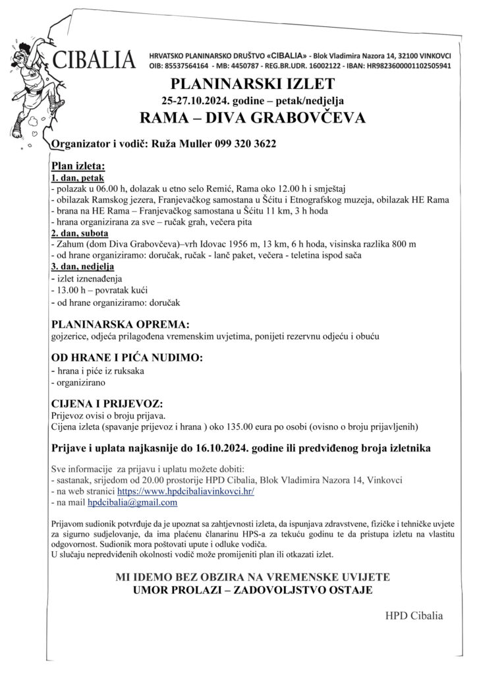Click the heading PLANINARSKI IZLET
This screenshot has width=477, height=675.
click(252, 84)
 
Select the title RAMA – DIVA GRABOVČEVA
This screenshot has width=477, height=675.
click(252, 118)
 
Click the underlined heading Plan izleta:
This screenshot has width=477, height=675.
click(78, 167)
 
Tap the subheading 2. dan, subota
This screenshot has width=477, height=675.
click(80, 233)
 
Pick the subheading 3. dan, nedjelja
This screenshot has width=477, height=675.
click(82, 267)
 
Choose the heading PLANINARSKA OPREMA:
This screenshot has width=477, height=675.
click(120, 325)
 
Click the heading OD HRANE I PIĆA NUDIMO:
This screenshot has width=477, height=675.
click(127, 358)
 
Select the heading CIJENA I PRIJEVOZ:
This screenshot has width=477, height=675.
click(106, 403)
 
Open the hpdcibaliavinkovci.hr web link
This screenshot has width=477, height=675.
click(186, 491)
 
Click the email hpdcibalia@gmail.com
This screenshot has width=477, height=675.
click(133, 502)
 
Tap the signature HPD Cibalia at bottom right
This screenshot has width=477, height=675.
click(414, 616)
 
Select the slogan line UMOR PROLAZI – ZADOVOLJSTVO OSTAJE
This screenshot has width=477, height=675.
click(252, 589)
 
